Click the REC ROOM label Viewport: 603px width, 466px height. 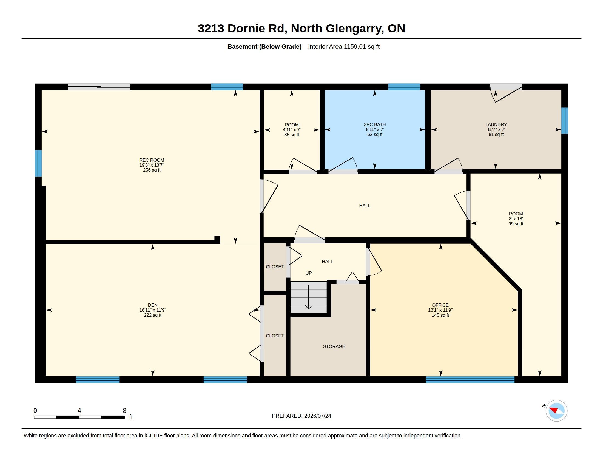[x=152, y=160]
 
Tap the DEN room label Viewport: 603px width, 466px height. [x=153, y=305]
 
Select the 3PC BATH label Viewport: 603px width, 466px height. [x=375, y=124]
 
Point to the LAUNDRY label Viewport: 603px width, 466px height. [x=496, y=124]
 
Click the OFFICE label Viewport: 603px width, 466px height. [x=440, y=305]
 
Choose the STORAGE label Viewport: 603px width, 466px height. [x=334, y=346]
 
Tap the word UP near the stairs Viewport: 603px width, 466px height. [x=308, y=273]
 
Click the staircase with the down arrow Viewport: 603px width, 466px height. [x=308, y=297]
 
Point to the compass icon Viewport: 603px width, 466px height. [x=556, y=411]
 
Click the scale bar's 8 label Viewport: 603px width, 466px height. [x=124, y=411]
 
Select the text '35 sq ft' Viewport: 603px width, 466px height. [x=292, y=135]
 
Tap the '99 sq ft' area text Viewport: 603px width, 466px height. [x=516, y=224]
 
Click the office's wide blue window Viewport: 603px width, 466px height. [x=470, y=380]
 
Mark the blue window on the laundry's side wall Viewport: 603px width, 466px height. [x=565, y=121]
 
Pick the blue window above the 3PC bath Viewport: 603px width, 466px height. [x=404, y=87]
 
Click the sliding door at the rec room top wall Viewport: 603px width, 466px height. [x=99, y=87]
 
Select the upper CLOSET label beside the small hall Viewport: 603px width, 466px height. [x=275, y=267]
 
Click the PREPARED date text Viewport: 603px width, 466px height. [x=301, y=416]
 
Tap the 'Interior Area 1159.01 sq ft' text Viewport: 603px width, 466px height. [x=344, y=46]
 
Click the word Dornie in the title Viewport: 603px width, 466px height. [x=246, y=29]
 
